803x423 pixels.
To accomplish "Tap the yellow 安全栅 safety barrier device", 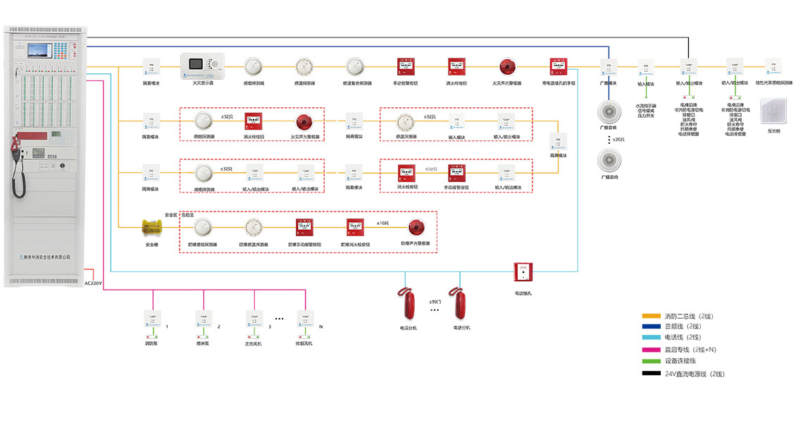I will pos(151,227).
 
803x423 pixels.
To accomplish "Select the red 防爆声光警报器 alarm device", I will pos(416,228).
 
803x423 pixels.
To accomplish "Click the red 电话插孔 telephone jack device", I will pos(523,272).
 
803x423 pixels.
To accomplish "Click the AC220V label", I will pos(94,283).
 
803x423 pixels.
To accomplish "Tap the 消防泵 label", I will pos(151,343).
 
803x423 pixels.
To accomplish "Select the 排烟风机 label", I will pos(304,343).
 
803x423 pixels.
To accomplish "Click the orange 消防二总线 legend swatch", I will pos(652,316).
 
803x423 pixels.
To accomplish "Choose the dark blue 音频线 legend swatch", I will pos(652,326).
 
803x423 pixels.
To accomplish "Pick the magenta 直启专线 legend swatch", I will pos(652,350).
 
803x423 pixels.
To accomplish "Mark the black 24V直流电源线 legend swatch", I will pos(652,374).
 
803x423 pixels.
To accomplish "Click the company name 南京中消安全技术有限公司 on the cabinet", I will pos(46,257).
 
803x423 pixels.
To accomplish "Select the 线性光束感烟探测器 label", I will pos(773,83).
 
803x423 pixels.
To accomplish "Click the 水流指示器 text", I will pos(645,106).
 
